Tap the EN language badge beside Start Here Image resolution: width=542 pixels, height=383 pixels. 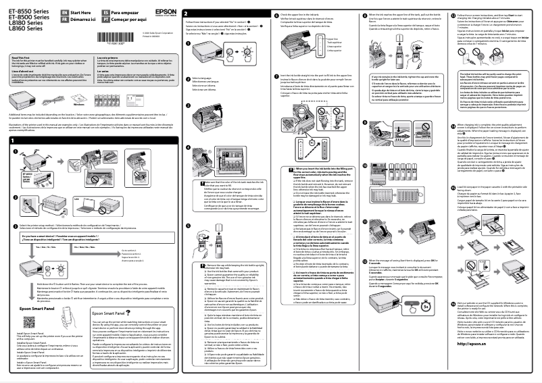pos(55,11)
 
